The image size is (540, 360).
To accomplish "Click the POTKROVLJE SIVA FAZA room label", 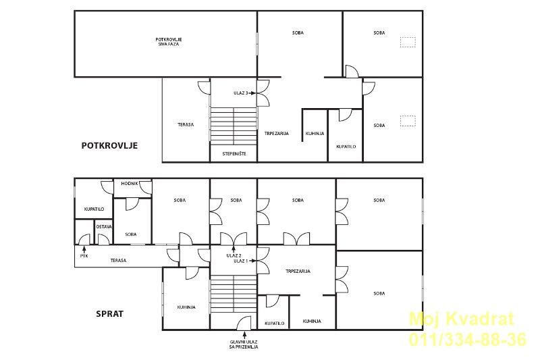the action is coord(168,42).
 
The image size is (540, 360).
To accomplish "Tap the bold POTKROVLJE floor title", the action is coord(109,145).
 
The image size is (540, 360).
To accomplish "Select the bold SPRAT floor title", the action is coord(109,314).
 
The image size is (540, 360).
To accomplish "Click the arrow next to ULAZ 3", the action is coord(252,93).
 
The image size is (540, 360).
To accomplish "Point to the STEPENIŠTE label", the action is coord(234,153).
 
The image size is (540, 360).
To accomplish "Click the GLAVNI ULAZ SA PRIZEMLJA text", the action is coord(244,344).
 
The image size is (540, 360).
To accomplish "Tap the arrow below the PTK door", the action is coord(84,249).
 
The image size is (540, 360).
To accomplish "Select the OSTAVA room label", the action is coord(104,227).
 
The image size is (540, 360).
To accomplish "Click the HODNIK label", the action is coord(130,184).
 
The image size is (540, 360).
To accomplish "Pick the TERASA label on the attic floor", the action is coord(186,125).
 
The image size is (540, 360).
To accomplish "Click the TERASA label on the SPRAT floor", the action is coord(118,261).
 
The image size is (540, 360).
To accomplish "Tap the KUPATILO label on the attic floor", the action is coord(346,147).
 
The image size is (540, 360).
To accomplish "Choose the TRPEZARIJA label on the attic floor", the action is coord(277,133).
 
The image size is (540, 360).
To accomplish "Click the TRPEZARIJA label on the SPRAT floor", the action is coord(298,271).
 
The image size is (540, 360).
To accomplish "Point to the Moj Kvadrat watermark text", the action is coord(462,319).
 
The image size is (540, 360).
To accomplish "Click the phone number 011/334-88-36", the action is coord(468,339).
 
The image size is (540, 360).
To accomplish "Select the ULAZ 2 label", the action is coord(234,255).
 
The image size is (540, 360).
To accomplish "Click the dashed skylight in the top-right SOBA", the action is coord(408,42).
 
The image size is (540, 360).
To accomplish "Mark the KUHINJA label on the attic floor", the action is coord(315,133).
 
